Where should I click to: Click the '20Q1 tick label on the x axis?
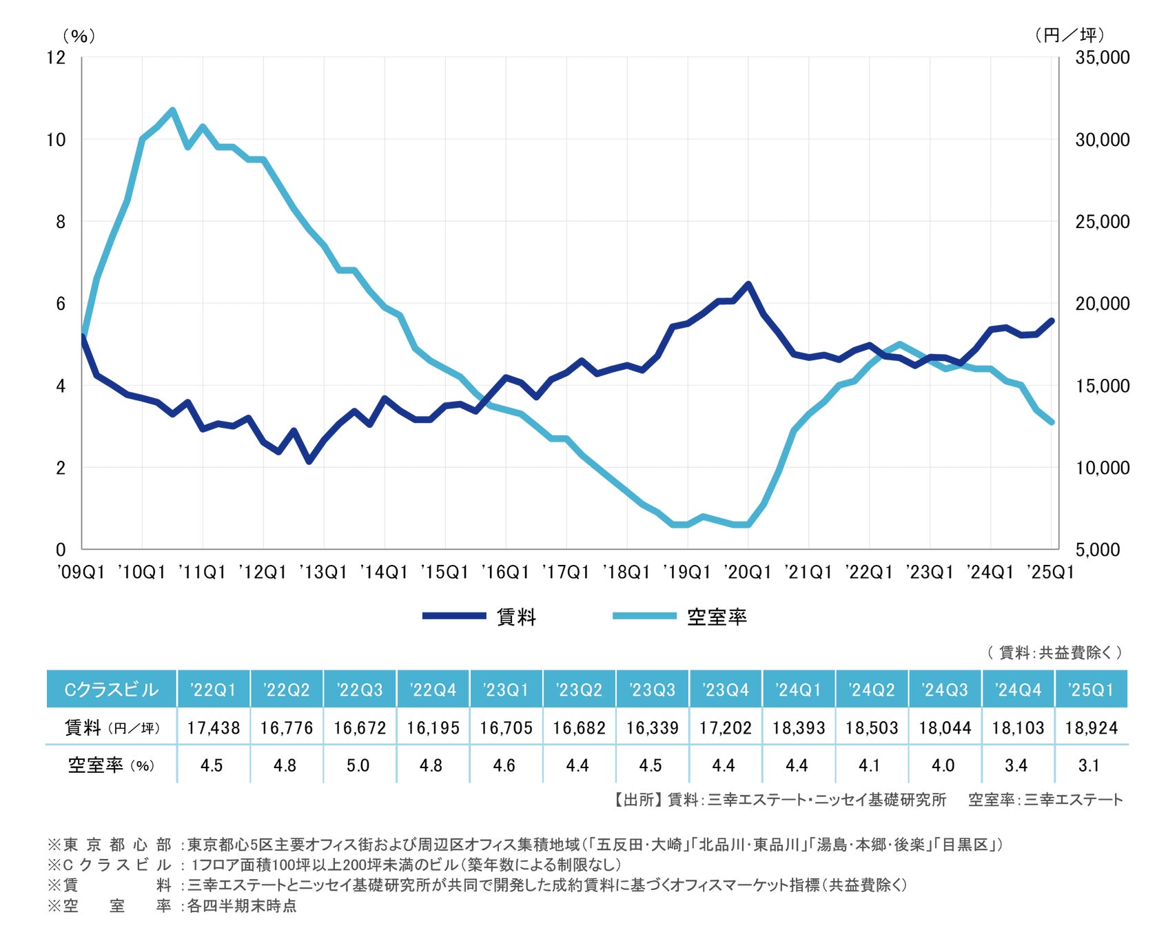click(747, 572)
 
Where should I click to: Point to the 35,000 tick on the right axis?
click(1102, 57)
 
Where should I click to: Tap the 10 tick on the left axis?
click(56, 140)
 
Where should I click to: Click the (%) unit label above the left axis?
click(79, 36)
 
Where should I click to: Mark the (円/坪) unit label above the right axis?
click(1069, 35)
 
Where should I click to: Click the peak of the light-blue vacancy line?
click(172, 110)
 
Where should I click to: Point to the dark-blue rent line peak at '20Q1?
click(748, 284)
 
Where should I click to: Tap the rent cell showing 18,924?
click(1091, 727)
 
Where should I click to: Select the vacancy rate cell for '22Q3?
click(358, 765)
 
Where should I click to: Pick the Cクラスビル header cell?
click(111, 690)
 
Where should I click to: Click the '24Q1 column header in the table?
click(798, 690)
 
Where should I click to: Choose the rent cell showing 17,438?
click(214, 727)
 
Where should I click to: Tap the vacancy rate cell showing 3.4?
click(1016, 765)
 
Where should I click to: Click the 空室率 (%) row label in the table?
click(111, 765)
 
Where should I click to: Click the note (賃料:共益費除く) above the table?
click(1054, 652)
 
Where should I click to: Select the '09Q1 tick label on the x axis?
click(81, 572)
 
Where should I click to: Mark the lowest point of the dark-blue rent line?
click(309, 461)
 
